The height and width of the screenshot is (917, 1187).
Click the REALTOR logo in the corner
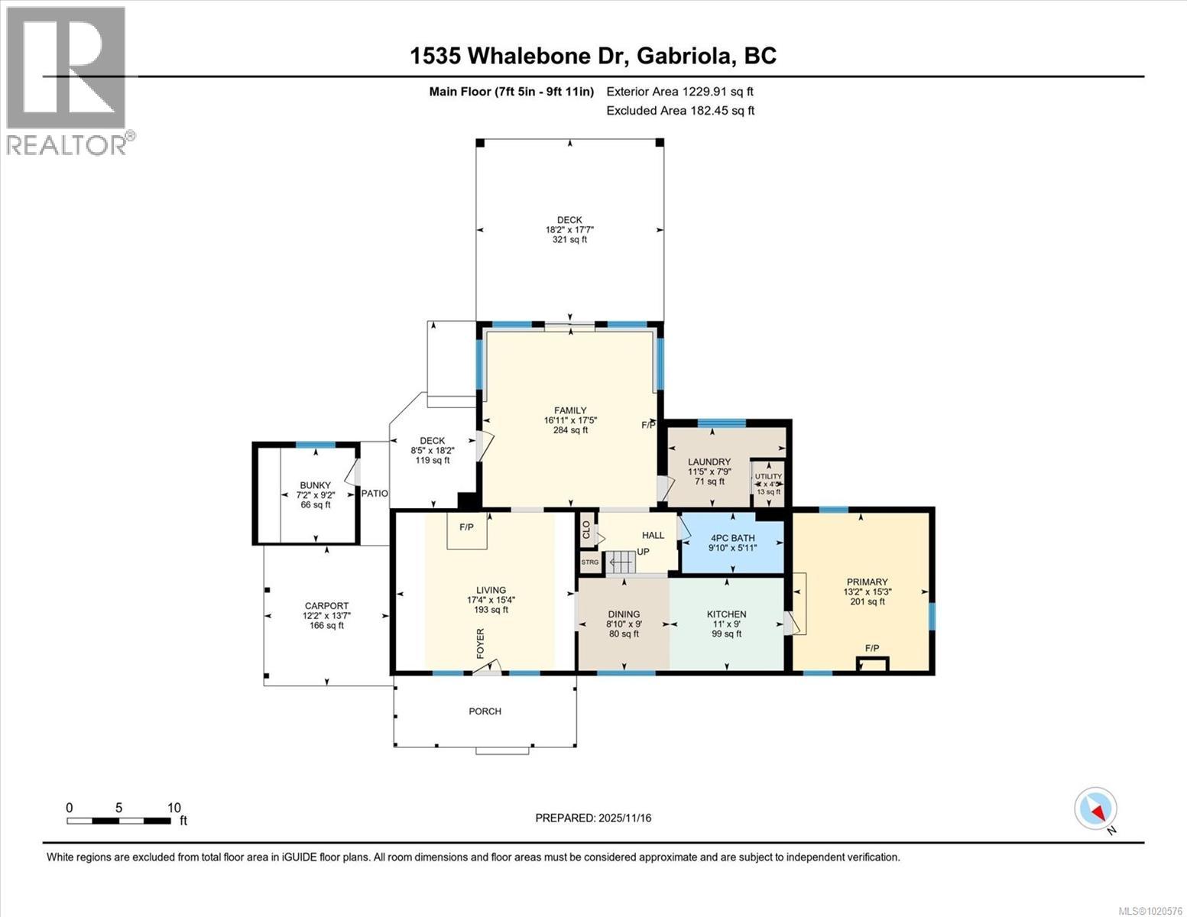(67, 80)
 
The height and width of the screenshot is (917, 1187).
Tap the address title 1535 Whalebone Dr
(593, 56)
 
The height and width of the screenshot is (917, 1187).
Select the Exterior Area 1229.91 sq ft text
(679, 92)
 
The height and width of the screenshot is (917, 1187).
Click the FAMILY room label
(570, 410)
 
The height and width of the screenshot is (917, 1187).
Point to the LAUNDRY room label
(709, 462)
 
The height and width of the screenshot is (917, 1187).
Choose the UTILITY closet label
(768, 476)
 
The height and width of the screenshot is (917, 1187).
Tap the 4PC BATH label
(731, 538)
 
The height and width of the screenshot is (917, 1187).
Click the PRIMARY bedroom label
(867, 582)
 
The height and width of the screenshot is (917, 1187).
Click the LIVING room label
(491, 590)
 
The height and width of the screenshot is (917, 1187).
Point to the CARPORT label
(326, 605)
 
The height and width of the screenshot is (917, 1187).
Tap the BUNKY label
(315, 485)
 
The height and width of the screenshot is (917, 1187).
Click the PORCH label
(485, 711)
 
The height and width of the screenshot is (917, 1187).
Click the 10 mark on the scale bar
(174, 808)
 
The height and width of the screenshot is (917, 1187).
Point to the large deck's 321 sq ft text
(569, 240)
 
